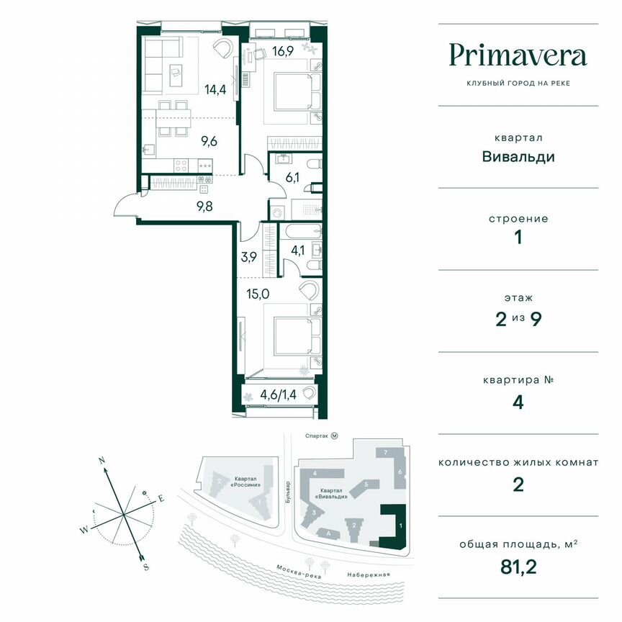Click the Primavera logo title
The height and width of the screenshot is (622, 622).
518,55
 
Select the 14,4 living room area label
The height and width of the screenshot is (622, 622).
215,90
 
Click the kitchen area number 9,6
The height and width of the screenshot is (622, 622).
209,142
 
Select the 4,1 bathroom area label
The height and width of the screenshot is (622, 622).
298,252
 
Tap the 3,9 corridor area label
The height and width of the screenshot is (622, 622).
249,258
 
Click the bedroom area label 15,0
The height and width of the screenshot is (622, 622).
258,293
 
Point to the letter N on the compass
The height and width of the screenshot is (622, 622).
102,460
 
